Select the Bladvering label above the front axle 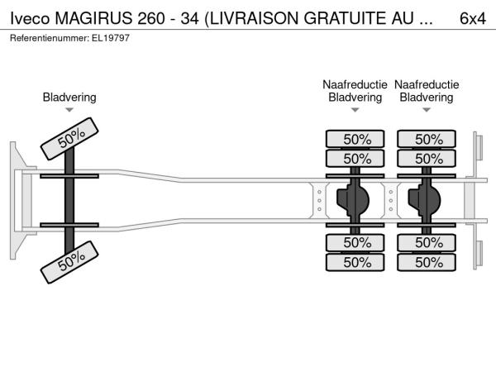click(69, 98)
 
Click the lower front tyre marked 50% click(71, 262)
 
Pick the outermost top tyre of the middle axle click(355, 139)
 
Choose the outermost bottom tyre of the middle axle click(355, 262)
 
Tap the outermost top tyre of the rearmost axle click(427, 139)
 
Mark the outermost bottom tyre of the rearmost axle click(427, 262)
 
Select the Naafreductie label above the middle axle click(355, 84)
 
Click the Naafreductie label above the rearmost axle click(427, 84)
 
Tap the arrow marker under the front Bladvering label click(69, 110)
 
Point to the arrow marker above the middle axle click(355, 110)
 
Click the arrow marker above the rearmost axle click(427, 110)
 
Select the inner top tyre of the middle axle click(355, 159)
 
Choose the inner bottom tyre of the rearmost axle click(427, 242)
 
